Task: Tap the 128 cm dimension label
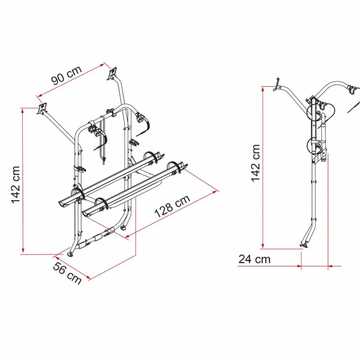[172, 206]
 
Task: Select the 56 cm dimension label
[67, 273]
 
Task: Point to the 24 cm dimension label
[254, 259]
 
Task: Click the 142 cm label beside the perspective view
[16, 185]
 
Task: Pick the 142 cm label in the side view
[255, 163]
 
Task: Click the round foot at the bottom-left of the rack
[70, 254]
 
